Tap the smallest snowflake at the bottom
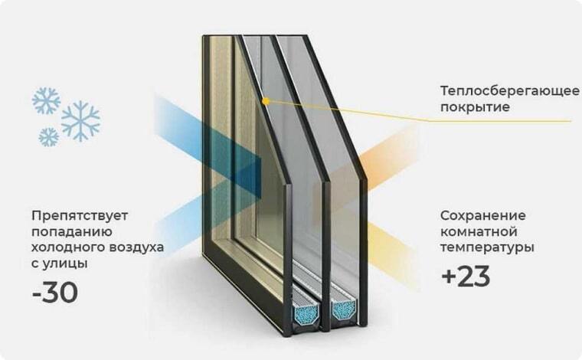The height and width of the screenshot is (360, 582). click(48, 136)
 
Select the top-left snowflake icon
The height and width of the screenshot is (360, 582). click(45, 100)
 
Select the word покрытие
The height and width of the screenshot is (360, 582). click(474, 107)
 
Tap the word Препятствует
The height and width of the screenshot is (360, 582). click(74, 215)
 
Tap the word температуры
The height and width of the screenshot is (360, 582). click(487, 247)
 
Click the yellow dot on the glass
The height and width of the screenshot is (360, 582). click(264, 100)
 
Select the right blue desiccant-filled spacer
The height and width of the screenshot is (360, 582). click(342, 310)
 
